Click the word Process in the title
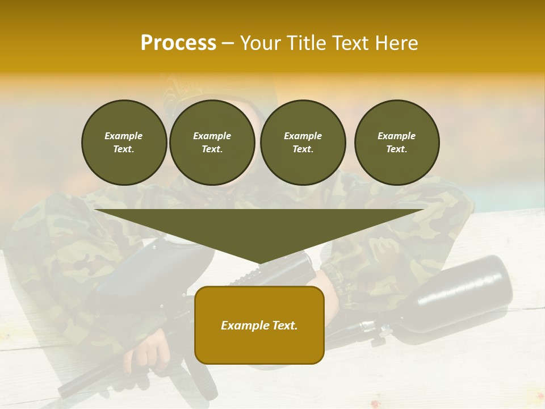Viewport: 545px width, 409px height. tap(178, 43)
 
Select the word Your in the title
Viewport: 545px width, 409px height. tap(262, 43)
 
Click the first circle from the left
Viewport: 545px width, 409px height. tap(124, 143)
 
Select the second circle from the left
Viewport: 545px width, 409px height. tap(212, 143)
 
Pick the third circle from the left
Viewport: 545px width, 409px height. tap(303, 143)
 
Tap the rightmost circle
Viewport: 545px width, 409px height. tap(397, 143)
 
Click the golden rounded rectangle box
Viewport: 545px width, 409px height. tap(259, 347)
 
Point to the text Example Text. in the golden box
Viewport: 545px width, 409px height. tap(259, 325)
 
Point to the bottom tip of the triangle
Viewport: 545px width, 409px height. tap(259, 263)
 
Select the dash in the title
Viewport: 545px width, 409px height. tap(228, 43)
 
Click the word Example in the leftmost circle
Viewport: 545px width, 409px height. tap(124, 136)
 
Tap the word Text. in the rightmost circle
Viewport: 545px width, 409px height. tap(396, 149)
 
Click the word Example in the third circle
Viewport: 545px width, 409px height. tap(303, 136)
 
